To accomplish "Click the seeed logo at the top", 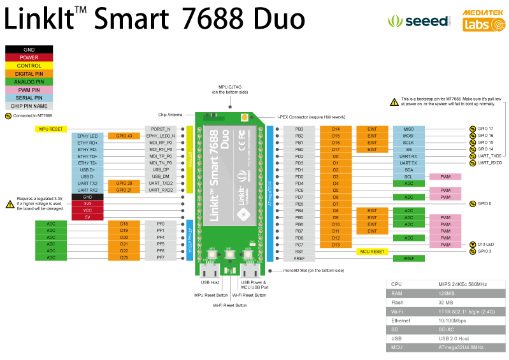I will point(417,21).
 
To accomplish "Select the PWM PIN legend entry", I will point(29,90).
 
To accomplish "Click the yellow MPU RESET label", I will point(50,129).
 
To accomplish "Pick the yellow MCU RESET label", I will point(373,252).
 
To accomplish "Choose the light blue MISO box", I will point(408,129).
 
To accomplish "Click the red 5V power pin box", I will point(87,217).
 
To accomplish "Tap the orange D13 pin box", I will point(336,245).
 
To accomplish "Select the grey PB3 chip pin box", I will point(299,129).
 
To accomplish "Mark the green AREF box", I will point(408,258).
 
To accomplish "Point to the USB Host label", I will point(210,282).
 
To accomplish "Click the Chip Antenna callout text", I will point(170,115).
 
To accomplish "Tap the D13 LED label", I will point(487,245).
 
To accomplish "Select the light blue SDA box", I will point(408,170).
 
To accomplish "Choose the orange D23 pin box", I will point(124,257).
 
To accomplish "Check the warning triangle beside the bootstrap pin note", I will point(394,102).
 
